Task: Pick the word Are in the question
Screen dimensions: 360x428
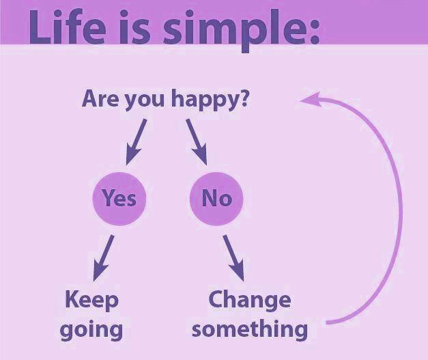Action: click(101, 98)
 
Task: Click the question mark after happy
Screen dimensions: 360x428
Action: click(244, 98)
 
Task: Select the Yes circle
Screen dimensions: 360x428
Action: click(119, 198)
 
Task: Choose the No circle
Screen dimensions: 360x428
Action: click(216, 198)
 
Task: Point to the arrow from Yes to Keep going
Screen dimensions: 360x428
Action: click(104, 258)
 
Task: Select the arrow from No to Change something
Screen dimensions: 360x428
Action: click(232, 258)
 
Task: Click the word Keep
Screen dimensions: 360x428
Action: click(91, 300)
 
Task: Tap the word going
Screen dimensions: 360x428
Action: click(91, 329)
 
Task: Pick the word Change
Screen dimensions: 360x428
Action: click(249, 299)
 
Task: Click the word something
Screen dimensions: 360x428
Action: click(249, 329)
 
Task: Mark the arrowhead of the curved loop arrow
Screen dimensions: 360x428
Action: click(304, 100)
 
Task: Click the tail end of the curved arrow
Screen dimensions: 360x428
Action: click(328, 322)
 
